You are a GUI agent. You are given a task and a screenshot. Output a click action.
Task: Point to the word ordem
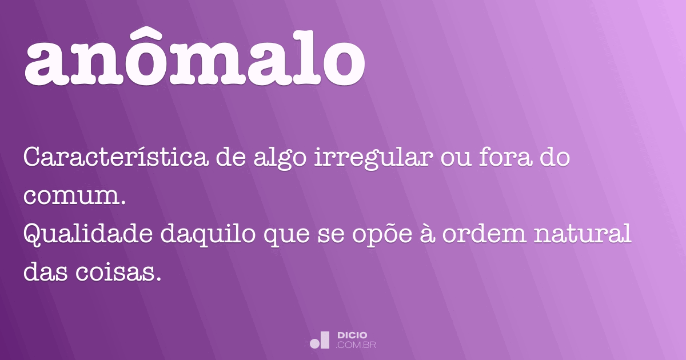click(469, 235)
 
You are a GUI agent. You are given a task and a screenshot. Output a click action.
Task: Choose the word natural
click(580, 235)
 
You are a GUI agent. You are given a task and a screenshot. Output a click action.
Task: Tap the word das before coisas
click(45, 273)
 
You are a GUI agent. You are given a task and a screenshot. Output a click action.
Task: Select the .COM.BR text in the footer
click(356, 345)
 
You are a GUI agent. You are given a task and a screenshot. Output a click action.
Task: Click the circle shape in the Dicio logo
click(314, 343)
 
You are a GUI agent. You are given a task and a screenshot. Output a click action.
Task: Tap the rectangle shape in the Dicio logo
click(325, 340)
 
